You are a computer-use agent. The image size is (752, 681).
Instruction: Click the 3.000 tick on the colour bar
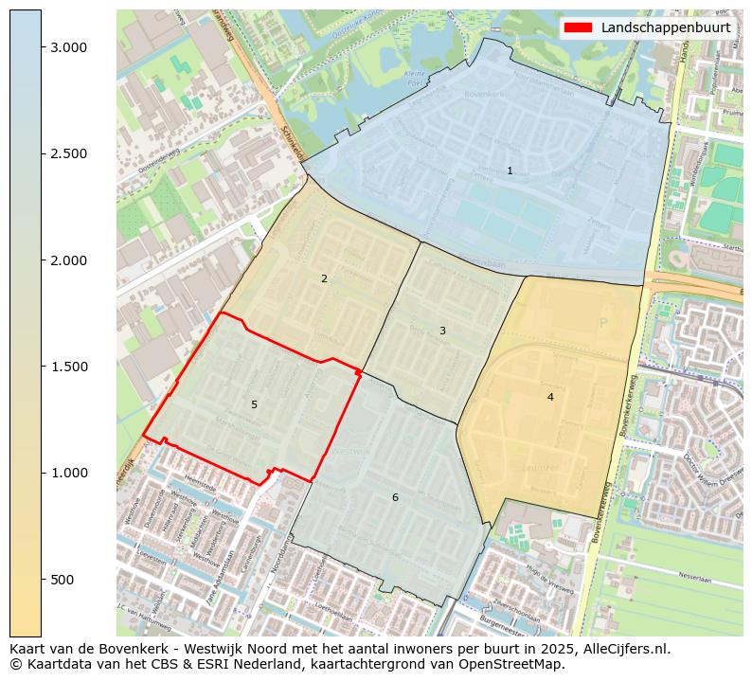click(x=68, y=47)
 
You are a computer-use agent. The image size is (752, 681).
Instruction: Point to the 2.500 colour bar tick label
click(x=68, y=153)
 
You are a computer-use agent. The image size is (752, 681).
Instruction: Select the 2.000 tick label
click(x=68, y=260)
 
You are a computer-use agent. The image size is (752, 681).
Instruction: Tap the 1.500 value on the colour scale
click(x=68, y=367)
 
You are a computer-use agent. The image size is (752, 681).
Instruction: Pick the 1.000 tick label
click(x=68, y=473)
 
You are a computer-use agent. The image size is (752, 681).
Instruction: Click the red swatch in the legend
click(x=577, y=27)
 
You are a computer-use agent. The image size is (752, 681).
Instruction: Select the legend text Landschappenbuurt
click(x=665, y=27)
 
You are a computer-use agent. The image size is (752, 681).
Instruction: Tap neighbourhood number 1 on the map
click(x=510, y=171)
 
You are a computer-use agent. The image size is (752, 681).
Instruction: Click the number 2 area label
click(x=324, y=278)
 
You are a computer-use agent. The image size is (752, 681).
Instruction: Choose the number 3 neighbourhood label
click(x=442, y=331)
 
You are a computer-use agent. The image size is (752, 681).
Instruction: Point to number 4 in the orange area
click(x=550, y=397)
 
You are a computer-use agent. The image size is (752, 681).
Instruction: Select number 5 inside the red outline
click(x=254, y=404)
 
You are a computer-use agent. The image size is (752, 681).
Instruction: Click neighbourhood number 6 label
click(x=395, y=497)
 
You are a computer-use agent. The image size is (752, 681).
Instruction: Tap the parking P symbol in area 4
click(x=602, y=323)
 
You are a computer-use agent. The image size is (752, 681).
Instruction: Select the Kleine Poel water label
click(x=415, y=77)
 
